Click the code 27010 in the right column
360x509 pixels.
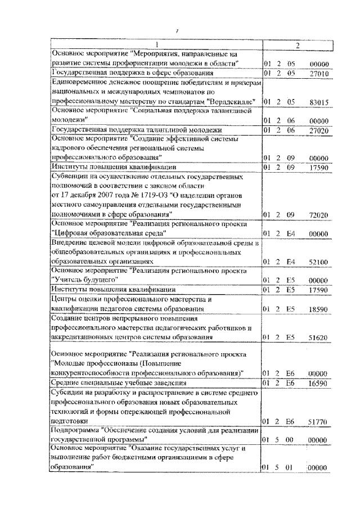(318, 73)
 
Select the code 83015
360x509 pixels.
(318, 102)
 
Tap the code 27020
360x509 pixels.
(318, 130)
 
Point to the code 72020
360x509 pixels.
(318, 215)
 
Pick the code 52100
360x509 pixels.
(318, 262)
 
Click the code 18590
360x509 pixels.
(318, 309)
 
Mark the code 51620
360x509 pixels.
(318, 337)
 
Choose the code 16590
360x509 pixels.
(318, 382)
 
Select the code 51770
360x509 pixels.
(318, 421)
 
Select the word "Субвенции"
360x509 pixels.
(69, 177)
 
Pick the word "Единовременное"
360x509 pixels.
(78, 82)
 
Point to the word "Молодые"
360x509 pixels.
(68, 364)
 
